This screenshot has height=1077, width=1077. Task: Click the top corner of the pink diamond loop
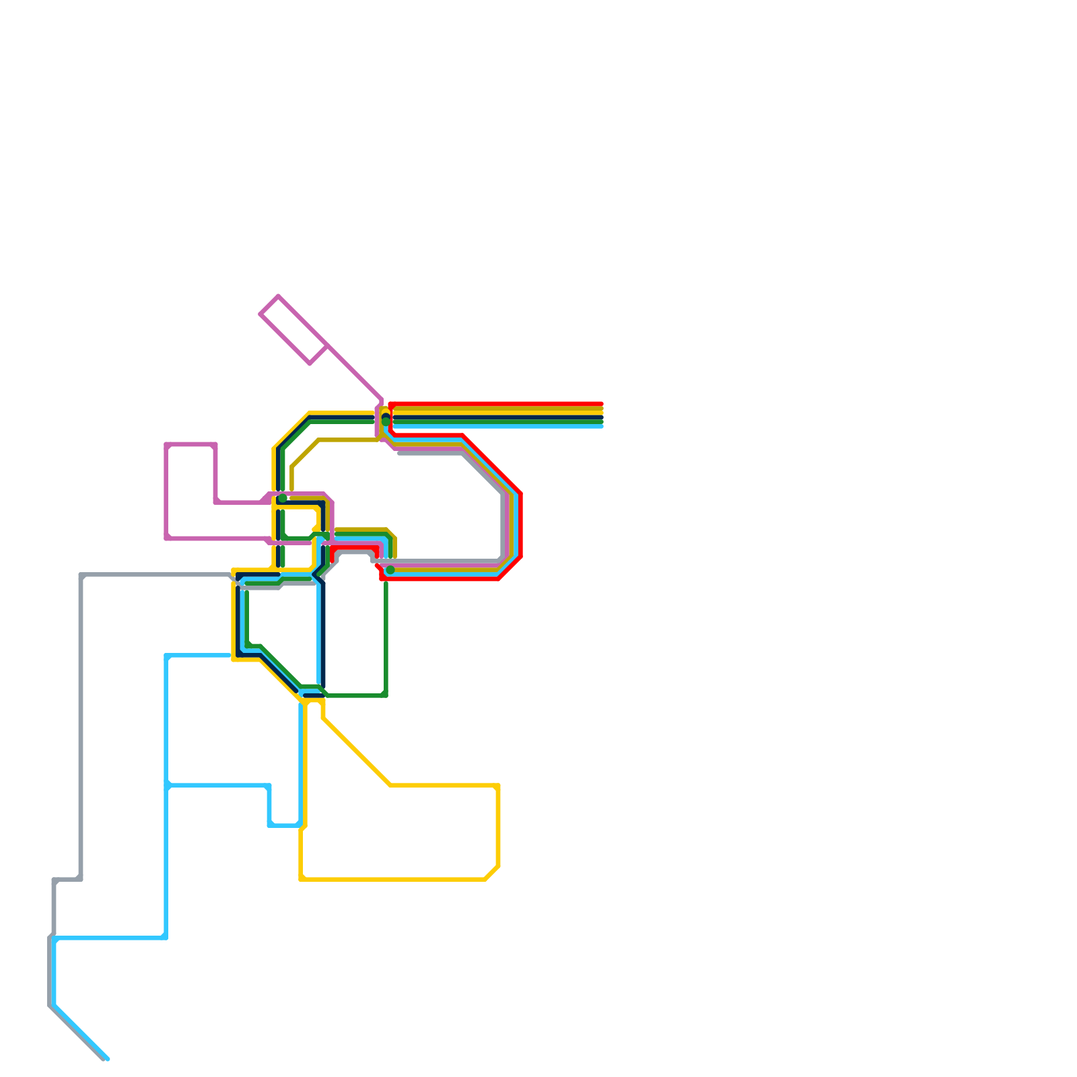click(278, 296)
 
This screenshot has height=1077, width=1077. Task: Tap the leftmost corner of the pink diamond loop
click(260, 314)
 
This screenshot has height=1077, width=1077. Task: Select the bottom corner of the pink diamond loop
click(310, 363)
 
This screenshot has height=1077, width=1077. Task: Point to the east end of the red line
click(601, 404)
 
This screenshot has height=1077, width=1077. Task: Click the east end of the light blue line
click(601, 425)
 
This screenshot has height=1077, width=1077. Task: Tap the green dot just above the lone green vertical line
click(390, 570)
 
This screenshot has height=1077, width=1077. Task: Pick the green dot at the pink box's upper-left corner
click(283, 498)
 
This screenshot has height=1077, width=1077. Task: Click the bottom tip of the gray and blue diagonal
click(106, 1059)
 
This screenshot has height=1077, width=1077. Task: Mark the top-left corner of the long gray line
click(81, 575)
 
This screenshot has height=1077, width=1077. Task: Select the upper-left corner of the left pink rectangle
click(167, 444)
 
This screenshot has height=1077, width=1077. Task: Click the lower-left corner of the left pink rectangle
click(167, 538)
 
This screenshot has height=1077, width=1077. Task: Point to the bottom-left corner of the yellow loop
click(302, 878)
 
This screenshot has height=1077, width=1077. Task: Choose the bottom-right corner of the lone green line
click(385, 695)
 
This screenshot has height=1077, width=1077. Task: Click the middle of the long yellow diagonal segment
click(357, 752)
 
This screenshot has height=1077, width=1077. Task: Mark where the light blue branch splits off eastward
click(167, 785)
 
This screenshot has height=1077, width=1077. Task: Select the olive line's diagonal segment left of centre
click(305, 453)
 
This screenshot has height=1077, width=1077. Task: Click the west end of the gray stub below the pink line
click(400, 453)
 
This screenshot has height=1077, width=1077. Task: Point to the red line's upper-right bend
click(520, 495)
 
